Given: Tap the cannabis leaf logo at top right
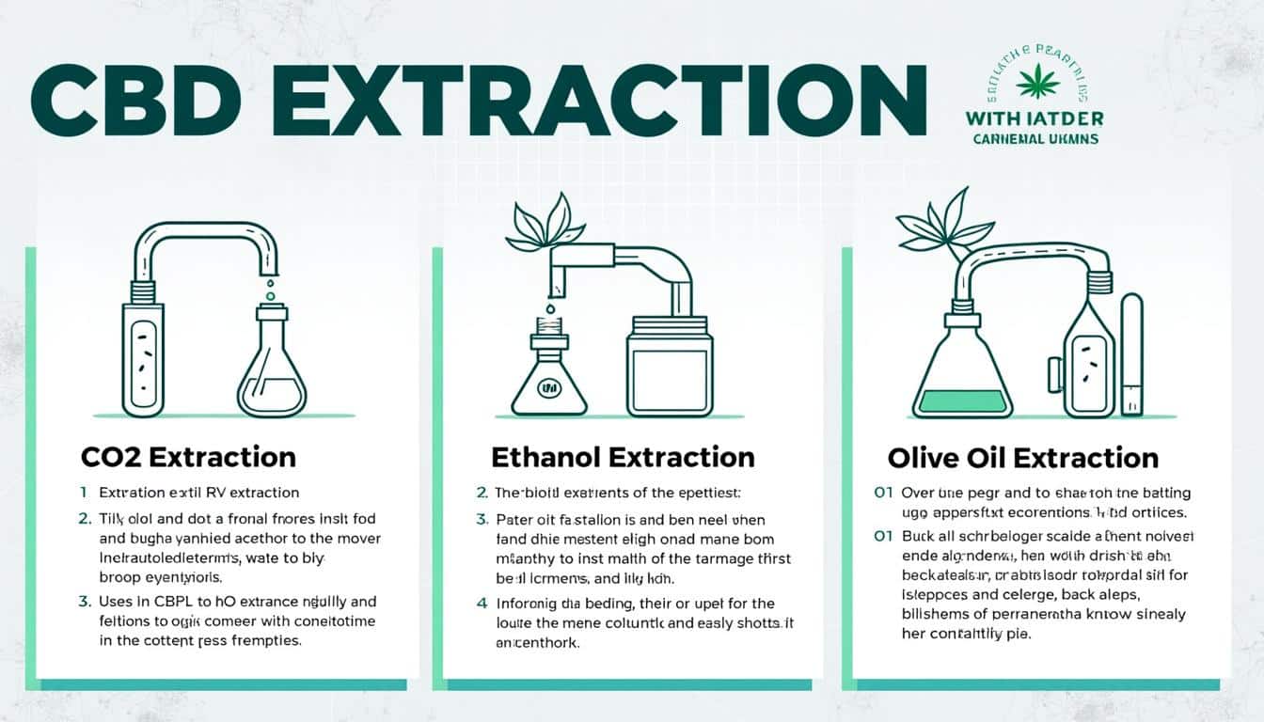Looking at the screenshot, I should [1037, 81].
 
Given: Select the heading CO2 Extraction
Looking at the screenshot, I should [188, 458].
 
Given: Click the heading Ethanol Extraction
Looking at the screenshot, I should [623, 458].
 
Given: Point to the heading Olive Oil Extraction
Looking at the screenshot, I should [1023, 459].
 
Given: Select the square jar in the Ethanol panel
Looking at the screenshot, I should [670, 367].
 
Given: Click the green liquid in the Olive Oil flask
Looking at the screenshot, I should [962, 401].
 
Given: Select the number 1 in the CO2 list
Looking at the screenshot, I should [84, 492].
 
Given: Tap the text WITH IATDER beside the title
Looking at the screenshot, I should [1034, 119].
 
